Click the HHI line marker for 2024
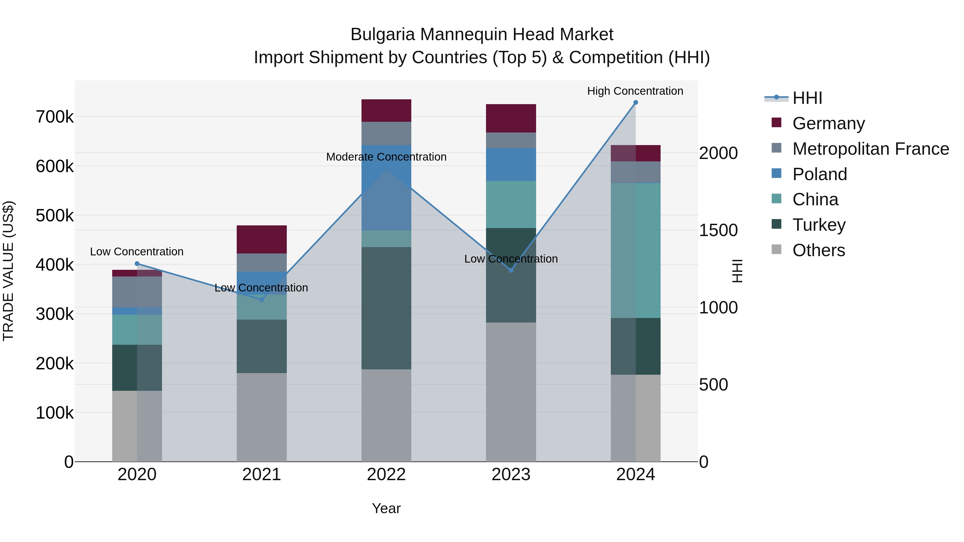[635, 103]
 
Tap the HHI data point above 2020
[137, 264]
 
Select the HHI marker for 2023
[511, 270]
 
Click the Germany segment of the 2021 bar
[262, 239]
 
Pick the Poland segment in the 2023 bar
[511, 165]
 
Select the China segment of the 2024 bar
[635, 250]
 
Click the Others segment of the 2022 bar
[386, 415]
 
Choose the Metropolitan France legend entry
[871, 149]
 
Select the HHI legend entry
[807, 98]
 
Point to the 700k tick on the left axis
[55, 117]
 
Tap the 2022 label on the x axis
[386, 475]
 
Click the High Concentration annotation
[635, 91]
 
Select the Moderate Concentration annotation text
[386, 157]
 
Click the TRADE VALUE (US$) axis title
[8, 271]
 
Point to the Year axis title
[386, 508]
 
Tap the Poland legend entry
[820, 174]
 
